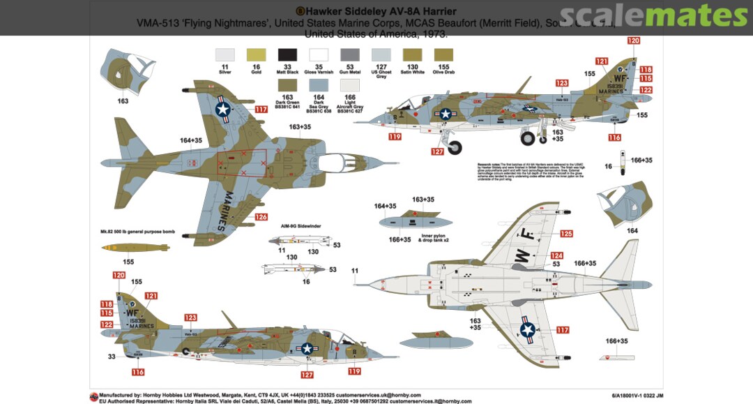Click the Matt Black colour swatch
[288, 54]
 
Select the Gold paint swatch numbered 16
[257, 54]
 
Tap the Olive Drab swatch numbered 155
[443, 54]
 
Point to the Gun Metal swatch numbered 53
[350, 54]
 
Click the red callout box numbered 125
[566, 234]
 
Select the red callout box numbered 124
[556, 255]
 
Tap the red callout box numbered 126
[261, 217]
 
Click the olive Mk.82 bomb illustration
[135, 248]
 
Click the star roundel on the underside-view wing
[528, 330]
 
